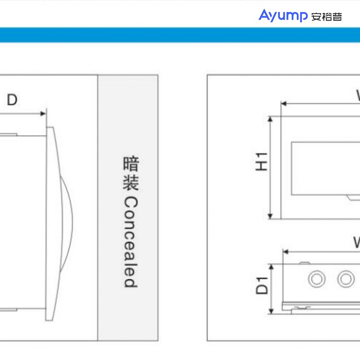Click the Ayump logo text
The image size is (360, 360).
[283, 16]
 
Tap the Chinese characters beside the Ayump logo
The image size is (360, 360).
[327, 17]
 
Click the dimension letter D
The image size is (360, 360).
[12, 100]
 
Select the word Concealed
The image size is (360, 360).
[130, 242]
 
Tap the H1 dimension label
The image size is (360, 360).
[262, 161]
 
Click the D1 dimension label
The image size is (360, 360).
[262, 285]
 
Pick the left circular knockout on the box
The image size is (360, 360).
[317, 279]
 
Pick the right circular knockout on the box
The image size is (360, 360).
[346, 279]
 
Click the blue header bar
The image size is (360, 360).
[180, 35]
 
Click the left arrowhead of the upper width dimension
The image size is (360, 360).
[283, 104]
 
